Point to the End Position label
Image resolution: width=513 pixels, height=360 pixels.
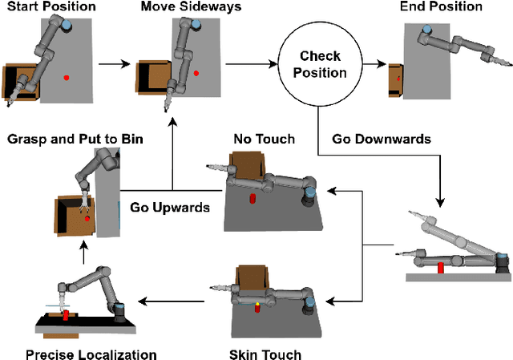442,7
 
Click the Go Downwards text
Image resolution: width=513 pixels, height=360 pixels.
382,139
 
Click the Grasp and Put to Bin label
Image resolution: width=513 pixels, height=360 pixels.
75,139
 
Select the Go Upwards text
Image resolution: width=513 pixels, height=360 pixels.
170,207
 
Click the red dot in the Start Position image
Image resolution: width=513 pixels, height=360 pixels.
67,78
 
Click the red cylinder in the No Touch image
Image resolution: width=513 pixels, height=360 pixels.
252,198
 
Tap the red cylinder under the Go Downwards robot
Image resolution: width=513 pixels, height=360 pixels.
441,267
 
